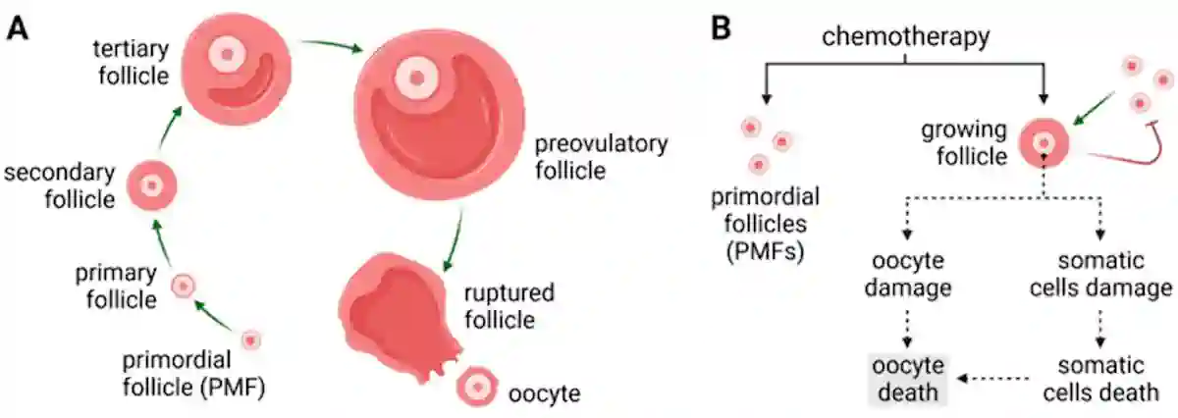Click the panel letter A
point(17,26)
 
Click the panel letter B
point(721,26)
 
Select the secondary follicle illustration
point(152,184)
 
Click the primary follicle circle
point(183,286)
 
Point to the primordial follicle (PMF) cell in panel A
point(251,339)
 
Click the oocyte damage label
point(907,278)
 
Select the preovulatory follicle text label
point(601,158)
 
